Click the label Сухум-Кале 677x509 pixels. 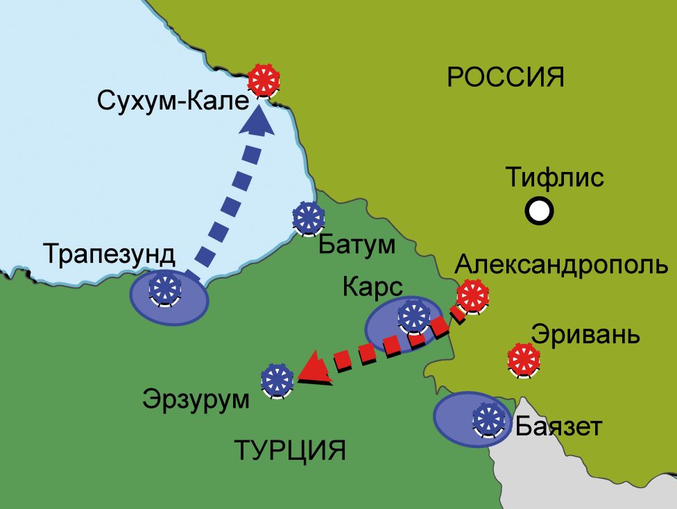click(x=173, y=101)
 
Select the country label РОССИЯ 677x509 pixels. click(x=505, y=77)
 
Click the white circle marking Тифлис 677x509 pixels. click(x=539, y=209)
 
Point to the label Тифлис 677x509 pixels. click(x=554, y=178)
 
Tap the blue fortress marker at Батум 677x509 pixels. click(x=308, y=218)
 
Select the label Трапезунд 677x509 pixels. click(x=110, y=254)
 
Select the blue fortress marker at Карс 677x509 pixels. click(x=415, y=316)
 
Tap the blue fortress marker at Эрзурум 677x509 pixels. click(x=277, y=379)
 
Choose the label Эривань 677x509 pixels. click(x=584, y=334)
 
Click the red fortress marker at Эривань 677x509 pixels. click(x=523, y=359)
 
